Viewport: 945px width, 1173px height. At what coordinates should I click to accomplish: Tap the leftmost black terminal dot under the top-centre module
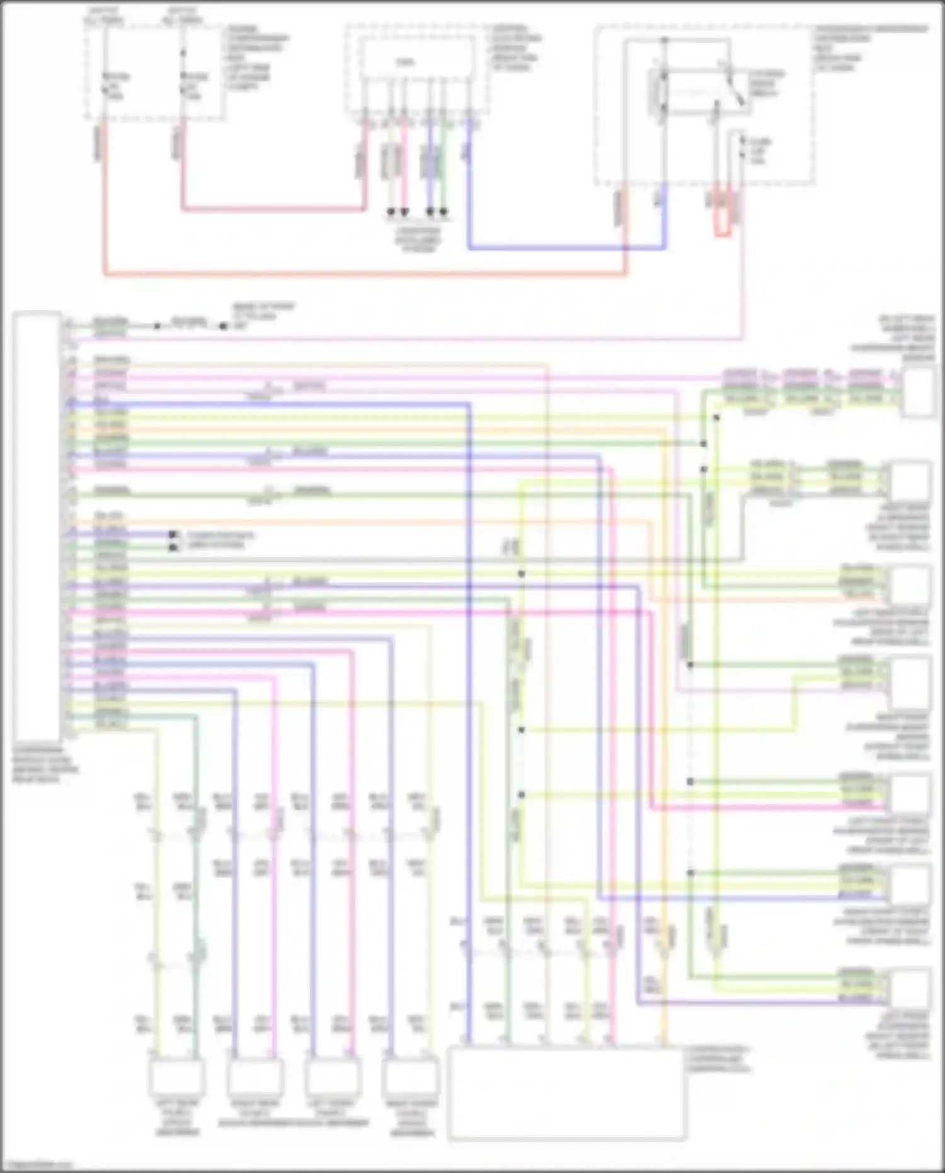point(391,212)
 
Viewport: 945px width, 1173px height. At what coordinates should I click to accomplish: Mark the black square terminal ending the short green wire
point(172,547)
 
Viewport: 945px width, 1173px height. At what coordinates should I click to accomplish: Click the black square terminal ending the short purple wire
point(172,534)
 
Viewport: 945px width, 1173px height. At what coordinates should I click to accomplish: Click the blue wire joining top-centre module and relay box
point(567,248)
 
